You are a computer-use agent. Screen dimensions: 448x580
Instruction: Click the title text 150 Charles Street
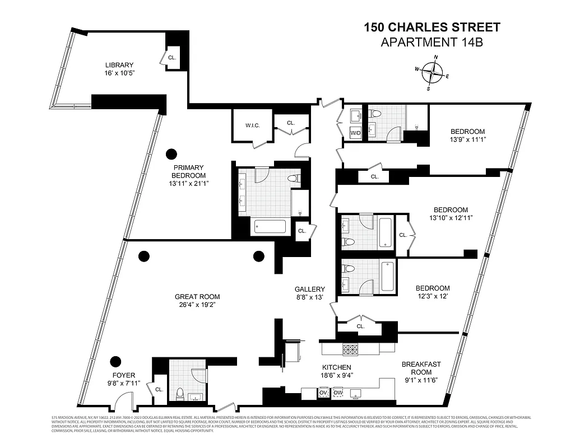pyautogui.click(x=431, y=27)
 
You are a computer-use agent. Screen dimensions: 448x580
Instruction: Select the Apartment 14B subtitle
pyautogui.click(x=431, y=42)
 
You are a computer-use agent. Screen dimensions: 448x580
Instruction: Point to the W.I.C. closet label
pyautogui.click(x=250, y=126)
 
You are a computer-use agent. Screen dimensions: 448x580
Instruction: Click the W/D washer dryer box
pyautogui.click(x=355, y=133)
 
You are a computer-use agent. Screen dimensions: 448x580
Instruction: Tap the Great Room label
pyautogui.click(x=197, y=297)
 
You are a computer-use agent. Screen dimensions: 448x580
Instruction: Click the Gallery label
pyautogui.click(x=310, y=289)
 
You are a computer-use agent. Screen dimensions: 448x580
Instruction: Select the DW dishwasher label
pyautogui.click(x=338, y=393)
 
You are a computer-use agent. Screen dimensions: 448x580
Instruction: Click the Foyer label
pyautogui.click(x=123, y=376)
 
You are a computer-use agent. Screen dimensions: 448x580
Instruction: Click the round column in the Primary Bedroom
pyautogui.click(x=170, y=153)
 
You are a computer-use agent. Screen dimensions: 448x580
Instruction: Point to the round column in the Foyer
pyautogui.click(x=116, y=361)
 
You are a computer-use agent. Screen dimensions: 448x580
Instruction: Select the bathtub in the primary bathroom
pyautogui.click(x=270, y=227)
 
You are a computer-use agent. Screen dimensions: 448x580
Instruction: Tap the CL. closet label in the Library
pyautogui.click(x=172, y=58)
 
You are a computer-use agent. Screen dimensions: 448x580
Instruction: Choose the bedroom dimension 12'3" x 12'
pyautogui.click(x=433, y=296)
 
